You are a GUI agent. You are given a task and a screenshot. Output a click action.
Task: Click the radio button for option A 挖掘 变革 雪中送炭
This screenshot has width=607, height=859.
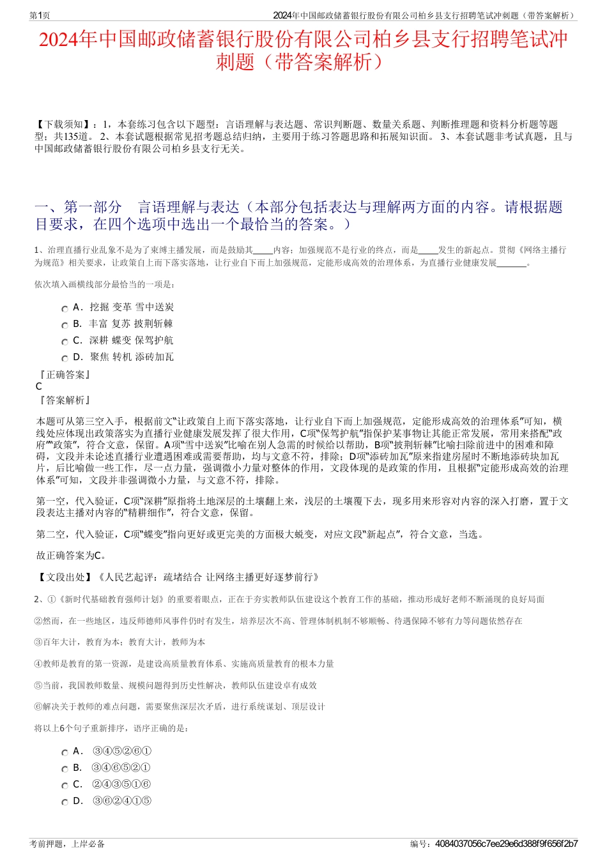(65, 309)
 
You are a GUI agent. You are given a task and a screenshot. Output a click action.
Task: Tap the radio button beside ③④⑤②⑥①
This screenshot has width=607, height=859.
(65, 753)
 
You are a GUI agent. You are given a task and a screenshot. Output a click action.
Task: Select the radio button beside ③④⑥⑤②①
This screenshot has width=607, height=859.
(65, 770)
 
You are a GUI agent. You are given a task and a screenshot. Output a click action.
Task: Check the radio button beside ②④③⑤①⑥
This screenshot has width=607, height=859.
(65, 786)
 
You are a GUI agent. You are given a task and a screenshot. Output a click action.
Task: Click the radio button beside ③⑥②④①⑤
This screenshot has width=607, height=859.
(65, 803)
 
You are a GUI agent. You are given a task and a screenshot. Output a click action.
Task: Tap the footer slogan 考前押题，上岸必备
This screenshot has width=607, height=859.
(67, 844)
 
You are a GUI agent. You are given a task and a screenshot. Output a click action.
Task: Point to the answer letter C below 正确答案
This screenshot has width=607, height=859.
(39, 386)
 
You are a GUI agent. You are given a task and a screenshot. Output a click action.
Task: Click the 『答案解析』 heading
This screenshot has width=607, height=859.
(64, 400)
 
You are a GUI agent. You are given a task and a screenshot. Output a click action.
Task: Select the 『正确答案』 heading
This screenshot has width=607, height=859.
(64, 375)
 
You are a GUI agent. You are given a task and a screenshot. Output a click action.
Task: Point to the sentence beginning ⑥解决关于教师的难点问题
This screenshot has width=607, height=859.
(180, 706)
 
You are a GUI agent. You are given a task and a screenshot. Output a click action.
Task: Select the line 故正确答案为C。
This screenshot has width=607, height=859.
(72, 556)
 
